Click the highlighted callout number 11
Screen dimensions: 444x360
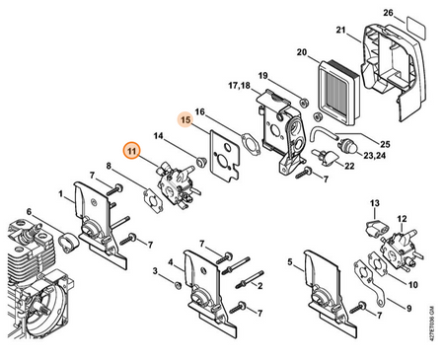(x=131, y=151)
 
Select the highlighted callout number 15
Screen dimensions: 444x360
(x=185, y=120)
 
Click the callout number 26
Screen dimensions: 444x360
(x=388, y=13)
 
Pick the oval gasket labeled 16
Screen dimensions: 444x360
(x=251, y=144)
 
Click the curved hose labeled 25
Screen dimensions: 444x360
(x=324, y=136)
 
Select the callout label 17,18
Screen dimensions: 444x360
(x=239, y=86)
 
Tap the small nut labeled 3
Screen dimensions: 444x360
(x=178, y=284)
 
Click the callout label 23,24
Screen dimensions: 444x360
(x=374, y=155)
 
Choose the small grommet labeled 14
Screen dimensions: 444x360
(x=200, y=161)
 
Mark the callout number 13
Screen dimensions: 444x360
(x=375, y=203)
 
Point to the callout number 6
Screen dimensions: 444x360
(x=29, y=212)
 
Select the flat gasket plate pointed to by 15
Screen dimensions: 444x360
(x=225, y=154)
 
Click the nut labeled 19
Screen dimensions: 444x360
(x=305, y=103)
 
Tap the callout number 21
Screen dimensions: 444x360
(x=340, y=30)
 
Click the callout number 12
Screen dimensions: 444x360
(x=402, y=219)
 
